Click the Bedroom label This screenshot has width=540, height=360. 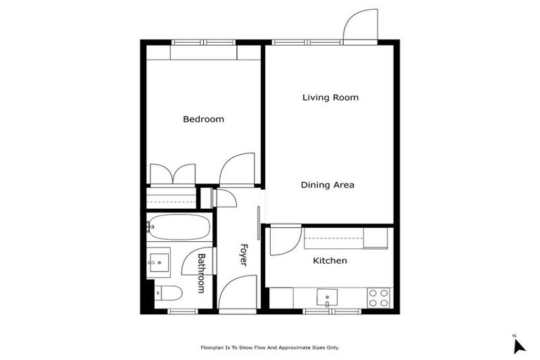tap(203, 120)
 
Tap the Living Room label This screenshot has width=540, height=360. tap(330, 98)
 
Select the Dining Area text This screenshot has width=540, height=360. tap(327, 186)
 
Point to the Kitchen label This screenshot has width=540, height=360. tap(330, 261)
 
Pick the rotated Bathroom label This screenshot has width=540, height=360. tap(201, 273)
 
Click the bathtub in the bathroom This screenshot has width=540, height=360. tap(179, 227)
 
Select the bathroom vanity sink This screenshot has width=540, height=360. tap(160, 262)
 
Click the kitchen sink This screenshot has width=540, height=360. tap(328, 298)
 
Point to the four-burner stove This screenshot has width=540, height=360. tap(379, 298)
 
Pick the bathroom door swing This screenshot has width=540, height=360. tap(193, 261)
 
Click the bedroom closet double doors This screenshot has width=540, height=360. tap(173, 174)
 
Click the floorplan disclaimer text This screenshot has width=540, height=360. tap(270, 347)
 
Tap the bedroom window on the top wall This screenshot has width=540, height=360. tap(204, 42)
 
